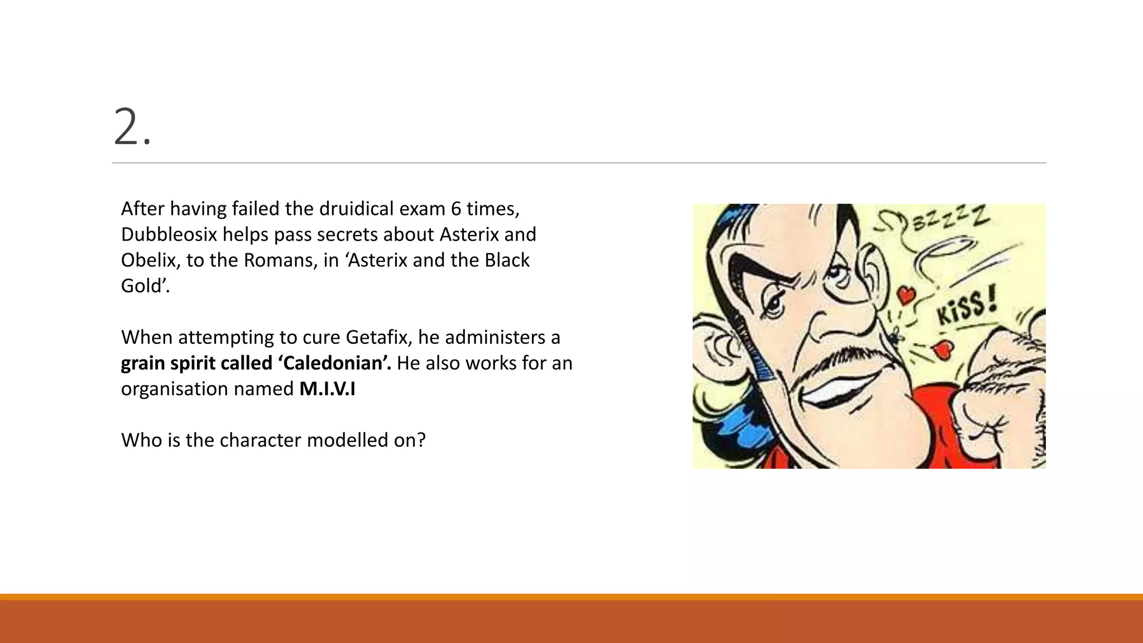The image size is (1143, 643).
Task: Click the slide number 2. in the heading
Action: click(x=132, y=128)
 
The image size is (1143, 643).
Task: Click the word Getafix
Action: click(x=377, y=337)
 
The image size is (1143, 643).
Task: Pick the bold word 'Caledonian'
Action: click(x=334, y=363)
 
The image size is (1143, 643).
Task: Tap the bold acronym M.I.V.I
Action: click(x=327, y=388)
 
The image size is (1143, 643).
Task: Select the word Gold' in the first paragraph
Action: click(x=145, y=286)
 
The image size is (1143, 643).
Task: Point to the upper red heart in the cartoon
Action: click(x=905, y=294)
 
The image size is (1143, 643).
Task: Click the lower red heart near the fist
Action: click(x=943, y=349)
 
